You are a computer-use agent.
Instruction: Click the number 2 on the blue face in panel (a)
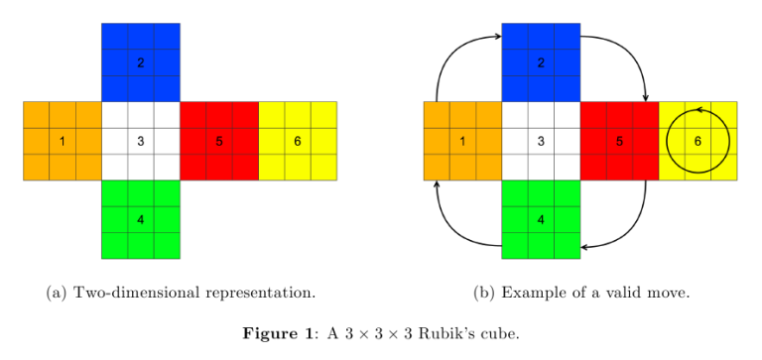pyautogui.click(x=141, y=62)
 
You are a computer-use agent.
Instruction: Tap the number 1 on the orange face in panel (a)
pyautogui.click(x=63, y=141)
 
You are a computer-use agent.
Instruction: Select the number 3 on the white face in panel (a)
pyautogui.click(x=141, y=141)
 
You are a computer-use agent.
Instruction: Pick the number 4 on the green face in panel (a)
pyautogui.click(x=141, y=219)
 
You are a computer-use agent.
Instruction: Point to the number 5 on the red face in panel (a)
pyautogui.click(x=219, y=141)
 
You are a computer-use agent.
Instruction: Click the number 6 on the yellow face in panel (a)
pyautogui.click(x=298, y=141)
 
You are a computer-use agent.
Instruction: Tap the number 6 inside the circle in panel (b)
pyautogui.click(x=698, y=141)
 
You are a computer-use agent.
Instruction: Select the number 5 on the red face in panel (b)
pyautogui.click(x=619, y=141)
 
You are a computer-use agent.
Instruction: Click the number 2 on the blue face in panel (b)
pyautogui.click(x=541, y=62)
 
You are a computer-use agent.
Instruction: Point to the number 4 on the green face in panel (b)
pyautogui.click(x=541, y=219)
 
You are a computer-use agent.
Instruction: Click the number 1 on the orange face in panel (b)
pyautogui.click(x=462, y=141)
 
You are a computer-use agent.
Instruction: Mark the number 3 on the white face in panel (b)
pyautogui.click(x=541, y=141)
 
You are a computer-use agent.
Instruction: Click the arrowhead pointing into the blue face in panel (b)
pyautogui.click(x=497, y=37)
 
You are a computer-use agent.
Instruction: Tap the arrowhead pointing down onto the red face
pyautogui.click(x=646, y=97)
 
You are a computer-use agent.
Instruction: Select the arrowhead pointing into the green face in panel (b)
pyautogui.click(x=585, y=246)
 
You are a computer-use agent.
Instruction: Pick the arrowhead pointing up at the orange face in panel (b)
pyautogui.click(x=438, y=184)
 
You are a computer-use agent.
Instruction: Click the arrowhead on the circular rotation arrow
pyautogui.click(x=700, y=109)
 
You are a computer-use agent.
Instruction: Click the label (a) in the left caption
pyautogui.click(x=58, y=293)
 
